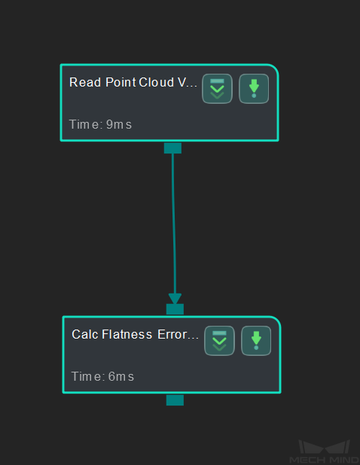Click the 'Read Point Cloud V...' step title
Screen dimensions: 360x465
pos(133,83)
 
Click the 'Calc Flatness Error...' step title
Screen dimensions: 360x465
pos(135,335)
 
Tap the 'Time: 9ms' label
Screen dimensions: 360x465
pos(100,125)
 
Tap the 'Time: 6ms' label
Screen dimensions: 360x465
pos(102,377)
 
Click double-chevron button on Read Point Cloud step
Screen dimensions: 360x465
pos(217,89)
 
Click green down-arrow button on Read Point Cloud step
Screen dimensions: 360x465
pos(254,89)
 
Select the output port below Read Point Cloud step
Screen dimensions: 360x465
pos(172,148)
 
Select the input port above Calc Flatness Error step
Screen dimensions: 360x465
pos(175,309)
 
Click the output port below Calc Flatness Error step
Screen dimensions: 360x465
pos(175,400)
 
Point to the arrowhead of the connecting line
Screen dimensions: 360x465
pos(175,299)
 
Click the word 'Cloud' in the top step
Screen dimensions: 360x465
pos(157,83)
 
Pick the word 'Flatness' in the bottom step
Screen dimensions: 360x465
pos(127,335)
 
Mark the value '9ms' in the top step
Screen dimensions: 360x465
pos(119,125)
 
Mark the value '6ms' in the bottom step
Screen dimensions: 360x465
pos(121,377)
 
